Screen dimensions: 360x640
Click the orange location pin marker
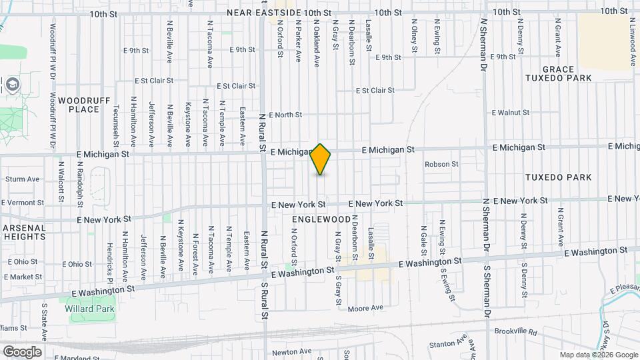tap(321, 159)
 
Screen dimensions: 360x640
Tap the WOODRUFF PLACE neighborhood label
tap(79, 104)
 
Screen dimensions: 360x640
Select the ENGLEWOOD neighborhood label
tap(321, 219)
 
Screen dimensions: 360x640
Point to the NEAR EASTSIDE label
tap(263, 13)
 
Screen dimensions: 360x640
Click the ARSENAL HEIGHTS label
tap(23, 232)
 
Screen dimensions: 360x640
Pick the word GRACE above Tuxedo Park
tap(558, 69)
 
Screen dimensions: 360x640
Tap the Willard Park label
tap(89, 309)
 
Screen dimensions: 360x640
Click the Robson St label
tap(442, 164)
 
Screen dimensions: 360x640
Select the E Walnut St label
tap(510, 113)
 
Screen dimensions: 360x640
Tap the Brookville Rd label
tap(515, 331)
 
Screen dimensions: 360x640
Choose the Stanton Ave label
tap(447, 344)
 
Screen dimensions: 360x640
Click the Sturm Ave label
tap(23, 179)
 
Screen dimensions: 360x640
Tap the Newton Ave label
tap(288, 352)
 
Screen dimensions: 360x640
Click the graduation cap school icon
tap(13, 85)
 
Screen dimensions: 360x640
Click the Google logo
tap(22, 351)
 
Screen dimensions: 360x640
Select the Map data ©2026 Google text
tap(599, 355)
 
